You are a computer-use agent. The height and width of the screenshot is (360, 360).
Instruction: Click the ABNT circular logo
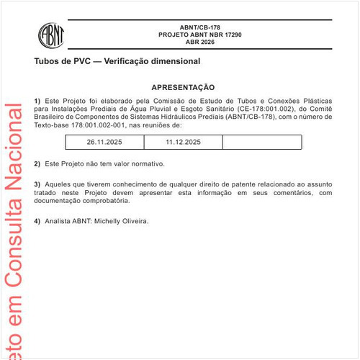[x=51, y=34]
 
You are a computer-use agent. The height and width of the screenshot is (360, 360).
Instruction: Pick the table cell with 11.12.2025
[x=183, y=143]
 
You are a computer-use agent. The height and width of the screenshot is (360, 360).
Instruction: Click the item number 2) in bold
[x=37, y=163]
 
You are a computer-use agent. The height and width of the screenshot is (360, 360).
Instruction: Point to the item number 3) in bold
[x=37, y=185]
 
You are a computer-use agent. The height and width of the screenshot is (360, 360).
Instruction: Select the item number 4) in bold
[x=37, y=220]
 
